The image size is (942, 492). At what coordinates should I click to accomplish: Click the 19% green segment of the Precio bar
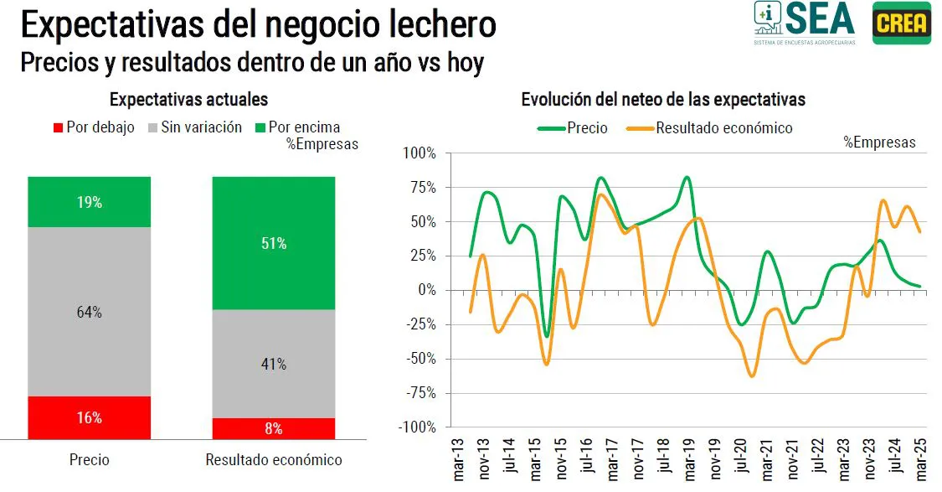coord(90,202)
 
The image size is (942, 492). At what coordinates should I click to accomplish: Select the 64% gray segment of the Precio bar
coord(90,312)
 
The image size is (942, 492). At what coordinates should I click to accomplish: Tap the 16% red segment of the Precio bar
coord(90,417)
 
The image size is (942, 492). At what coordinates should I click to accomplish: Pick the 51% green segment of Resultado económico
coord(274,244)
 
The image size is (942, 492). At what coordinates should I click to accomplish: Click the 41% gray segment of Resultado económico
coord(274,364)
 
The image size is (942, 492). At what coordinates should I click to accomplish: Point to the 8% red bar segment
coord(274,428)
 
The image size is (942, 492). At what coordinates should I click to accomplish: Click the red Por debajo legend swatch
coord(58,128)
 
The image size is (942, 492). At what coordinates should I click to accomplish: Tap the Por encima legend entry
coord(304,128)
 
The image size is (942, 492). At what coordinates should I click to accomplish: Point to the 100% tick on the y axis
coord(420,153)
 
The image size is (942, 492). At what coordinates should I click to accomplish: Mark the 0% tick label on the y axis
coord(426,290)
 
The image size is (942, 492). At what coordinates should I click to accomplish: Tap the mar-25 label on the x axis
coord(920,460)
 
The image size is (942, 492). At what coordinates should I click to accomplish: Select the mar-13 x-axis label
coord(460,460)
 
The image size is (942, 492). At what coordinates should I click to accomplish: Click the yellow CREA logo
coord(901,23)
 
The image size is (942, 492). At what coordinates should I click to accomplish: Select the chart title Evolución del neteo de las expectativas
coord(663,100)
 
